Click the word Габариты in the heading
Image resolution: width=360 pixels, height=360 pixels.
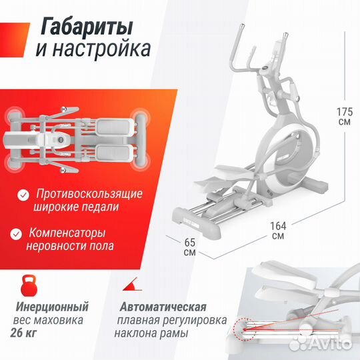[x=86, y=27]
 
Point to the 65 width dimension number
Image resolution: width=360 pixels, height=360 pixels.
[x=189, y=241]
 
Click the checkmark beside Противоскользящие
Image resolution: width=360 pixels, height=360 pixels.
[x=23, y=195]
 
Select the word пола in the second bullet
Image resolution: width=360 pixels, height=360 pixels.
[x=100, y=247]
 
